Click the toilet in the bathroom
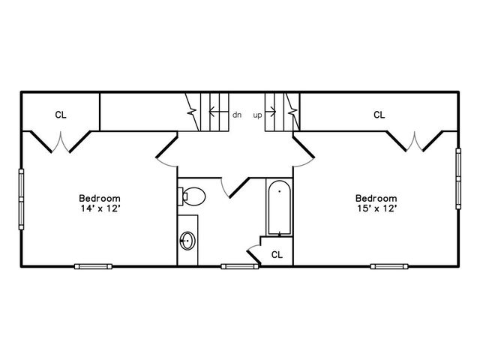[x=192, y=196]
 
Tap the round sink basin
[x=187, y=241]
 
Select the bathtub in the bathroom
[x=279, y=208]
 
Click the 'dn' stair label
[x=237, y=115]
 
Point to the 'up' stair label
[x=257, y=115]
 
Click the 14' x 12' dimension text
[x=100, y=208]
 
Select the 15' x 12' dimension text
[x=377, y=208]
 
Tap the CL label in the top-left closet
[x=61, y=115]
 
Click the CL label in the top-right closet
[x=379, y=115]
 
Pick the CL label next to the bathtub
[x=277, y=255]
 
